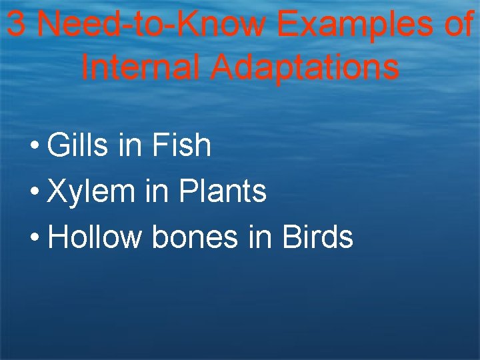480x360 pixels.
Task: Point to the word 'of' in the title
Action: click(x=458, y=25)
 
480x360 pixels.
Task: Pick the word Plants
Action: click(x=223, y=192)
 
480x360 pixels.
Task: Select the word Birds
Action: click(x=317, y=237)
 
